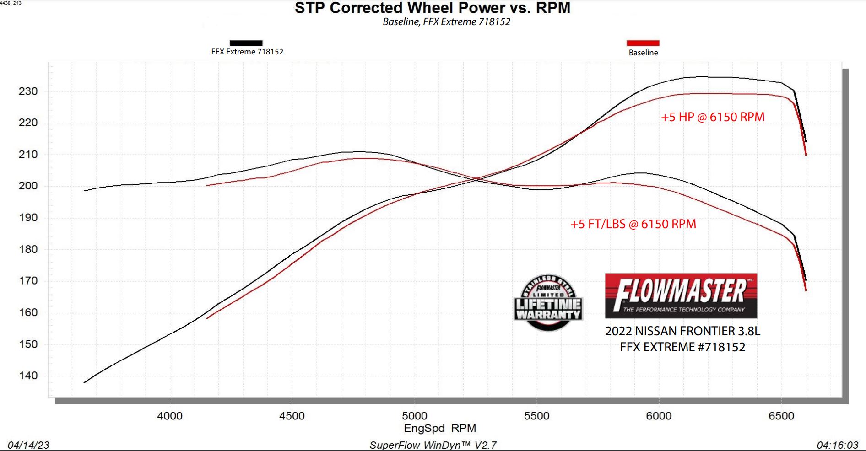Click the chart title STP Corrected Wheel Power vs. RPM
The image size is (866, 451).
(432, 8)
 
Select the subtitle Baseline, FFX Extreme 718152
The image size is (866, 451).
(446, 22)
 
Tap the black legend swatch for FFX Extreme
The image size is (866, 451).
(246, 43)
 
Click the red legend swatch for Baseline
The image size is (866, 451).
(643, 43)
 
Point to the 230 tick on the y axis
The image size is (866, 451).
(28, 91)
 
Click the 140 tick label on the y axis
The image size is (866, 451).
(28, 376)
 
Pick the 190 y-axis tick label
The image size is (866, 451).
(28, 218)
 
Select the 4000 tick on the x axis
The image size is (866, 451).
(170, 416)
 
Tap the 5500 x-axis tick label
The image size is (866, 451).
(536, 416)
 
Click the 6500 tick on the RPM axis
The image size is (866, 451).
(781, 416)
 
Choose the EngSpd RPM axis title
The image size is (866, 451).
(439, 429)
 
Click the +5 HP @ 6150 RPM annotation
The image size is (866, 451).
(713, 117)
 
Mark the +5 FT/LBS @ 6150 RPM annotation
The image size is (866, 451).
(633, 224)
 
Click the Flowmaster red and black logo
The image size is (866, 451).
(681, 296)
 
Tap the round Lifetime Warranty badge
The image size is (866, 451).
(548, 303)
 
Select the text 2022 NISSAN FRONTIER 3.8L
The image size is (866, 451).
(682, 331)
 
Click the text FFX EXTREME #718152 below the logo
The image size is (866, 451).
(682, 347)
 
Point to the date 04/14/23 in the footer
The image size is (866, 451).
(28, 445)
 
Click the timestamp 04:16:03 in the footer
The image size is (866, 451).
(837, 445)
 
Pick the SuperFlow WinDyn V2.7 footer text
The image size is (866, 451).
(433, 445)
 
